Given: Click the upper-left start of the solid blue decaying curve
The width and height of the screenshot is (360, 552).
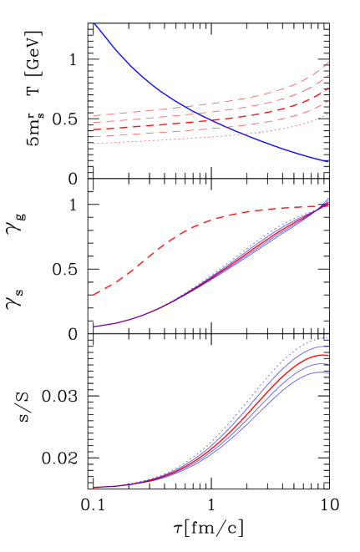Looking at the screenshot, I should (x=94, y=24).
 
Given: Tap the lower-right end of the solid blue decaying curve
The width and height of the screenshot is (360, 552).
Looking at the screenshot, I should (x=328, y=162).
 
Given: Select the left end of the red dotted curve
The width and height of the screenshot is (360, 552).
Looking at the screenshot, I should (x=94, y=144).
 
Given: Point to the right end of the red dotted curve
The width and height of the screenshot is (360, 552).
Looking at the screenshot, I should (x=328, y=115).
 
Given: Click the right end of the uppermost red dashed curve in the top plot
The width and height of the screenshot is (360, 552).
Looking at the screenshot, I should (x=328, y=62).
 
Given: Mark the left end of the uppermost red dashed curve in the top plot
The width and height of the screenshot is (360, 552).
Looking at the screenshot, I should (x=94, y=115).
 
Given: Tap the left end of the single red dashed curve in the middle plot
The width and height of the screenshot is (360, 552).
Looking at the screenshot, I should (x=94, y=294).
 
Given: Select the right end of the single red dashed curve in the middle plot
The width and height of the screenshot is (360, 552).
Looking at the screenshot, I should (x=328, y=206).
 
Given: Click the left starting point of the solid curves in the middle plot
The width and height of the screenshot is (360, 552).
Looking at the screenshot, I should (x=94, y=327).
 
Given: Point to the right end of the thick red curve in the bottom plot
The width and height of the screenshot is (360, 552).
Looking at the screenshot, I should (x=328, y=355).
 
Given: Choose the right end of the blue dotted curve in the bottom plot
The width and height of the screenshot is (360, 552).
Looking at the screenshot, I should (x=328, y=337).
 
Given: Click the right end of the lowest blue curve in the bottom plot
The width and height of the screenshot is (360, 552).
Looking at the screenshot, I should (x=328, y=372).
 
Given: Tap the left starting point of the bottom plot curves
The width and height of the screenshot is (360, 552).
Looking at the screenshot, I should (x=94, y=487).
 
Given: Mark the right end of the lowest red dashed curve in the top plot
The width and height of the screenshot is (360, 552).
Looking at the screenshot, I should (x=328, y=102).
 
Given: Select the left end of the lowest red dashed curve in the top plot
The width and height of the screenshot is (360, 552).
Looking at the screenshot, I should (x=94, y=137).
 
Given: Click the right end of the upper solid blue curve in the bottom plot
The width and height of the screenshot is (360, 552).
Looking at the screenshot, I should (x=328, y=346).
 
